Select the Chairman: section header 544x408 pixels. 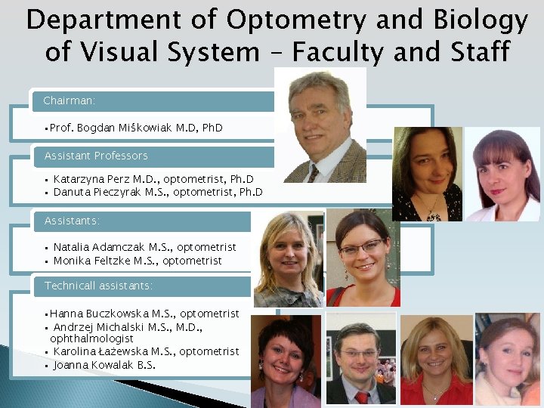tap(70, 100)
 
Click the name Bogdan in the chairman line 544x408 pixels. tap(96, 128)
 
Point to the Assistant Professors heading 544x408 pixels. tap(96, 156)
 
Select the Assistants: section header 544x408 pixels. tap(72, 221)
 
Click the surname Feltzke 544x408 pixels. tap(116, 261)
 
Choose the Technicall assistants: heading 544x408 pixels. tap(98, 286)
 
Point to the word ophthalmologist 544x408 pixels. tap(91, 339)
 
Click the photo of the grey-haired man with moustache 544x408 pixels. tap(320, 125)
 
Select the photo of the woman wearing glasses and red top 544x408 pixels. tap(362, 257)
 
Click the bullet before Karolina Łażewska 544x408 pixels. tap(47, 352)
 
